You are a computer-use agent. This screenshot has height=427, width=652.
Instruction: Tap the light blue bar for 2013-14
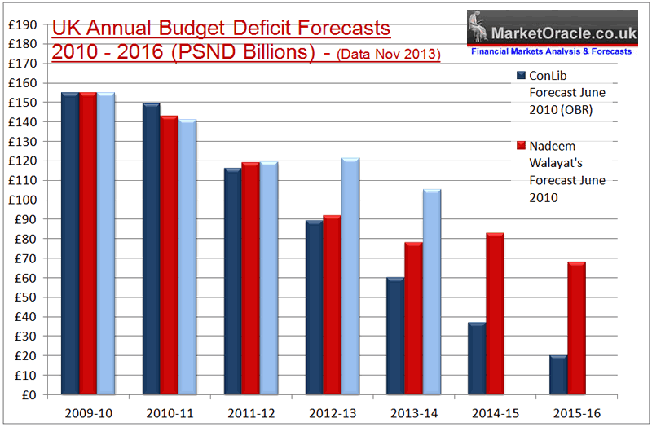(x=431, y=292)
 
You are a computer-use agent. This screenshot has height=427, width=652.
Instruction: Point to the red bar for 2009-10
(x=88, y=244)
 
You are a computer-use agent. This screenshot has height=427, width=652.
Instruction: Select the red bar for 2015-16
(x=576, y=328)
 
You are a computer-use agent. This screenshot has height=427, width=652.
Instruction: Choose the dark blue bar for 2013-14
(x=396, y=336)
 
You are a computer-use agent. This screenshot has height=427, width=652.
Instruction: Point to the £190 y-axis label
(x=19, y=24)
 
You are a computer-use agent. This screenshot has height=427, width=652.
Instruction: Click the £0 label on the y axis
(x=25, y=394)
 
